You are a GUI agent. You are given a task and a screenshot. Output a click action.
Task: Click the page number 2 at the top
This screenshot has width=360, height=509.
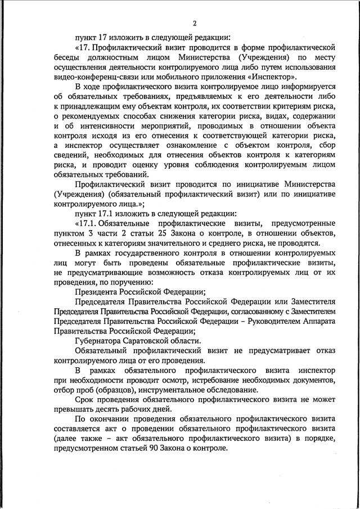pos(194,24)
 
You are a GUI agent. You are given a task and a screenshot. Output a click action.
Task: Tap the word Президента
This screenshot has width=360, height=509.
pos(99,292)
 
